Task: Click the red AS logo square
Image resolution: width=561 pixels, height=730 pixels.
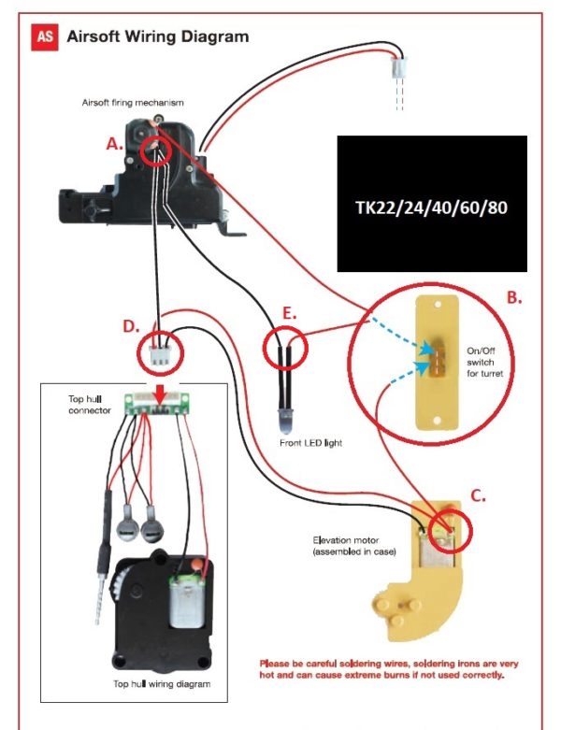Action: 45,37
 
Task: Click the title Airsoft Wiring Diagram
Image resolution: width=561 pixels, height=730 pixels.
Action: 157,37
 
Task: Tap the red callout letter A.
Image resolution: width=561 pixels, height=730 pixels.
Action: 114,145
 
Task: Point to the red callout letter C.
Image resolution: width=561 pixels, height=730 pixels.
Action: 477,496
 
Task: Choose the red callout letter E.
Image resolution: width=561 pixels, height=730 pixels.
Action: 291,314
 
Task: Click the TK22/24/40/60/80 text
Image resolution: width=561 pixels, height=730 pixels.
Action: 431,207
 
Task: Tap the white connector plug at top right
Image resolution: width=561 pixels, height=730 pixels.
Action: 399,68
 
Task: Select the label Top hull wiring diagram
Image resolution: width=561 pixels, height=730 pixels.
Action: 162,684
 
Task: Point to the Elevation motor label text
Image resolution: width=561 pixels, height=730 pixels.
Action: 358,546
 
